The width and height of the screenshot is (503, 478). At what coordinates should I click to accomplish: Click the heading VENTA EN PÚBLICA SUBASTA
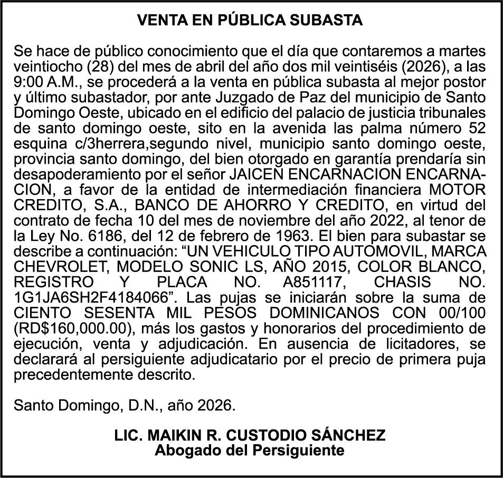[x=250, y=21]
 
